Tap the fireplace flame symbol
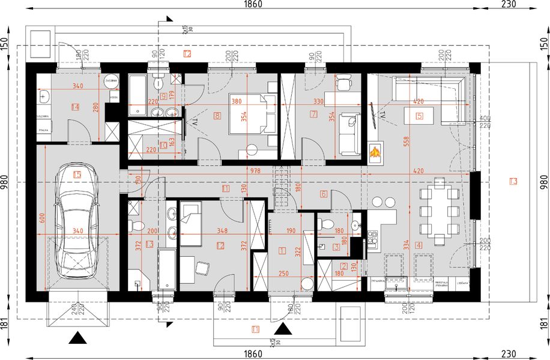point(375,153)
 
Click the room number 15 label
point(76,175)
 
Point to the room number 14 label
point(75,107)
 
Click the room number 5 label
point(419,116)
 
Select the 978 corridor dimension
point(256,171)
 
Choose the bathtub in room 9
point(139,89)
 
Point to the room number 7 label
point(313,113)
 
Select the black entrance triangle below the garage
point(77,338)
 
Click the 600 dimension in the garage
point(41,219)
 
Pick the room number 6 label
point(322,194)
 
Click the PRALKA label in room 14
point(43,128)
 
